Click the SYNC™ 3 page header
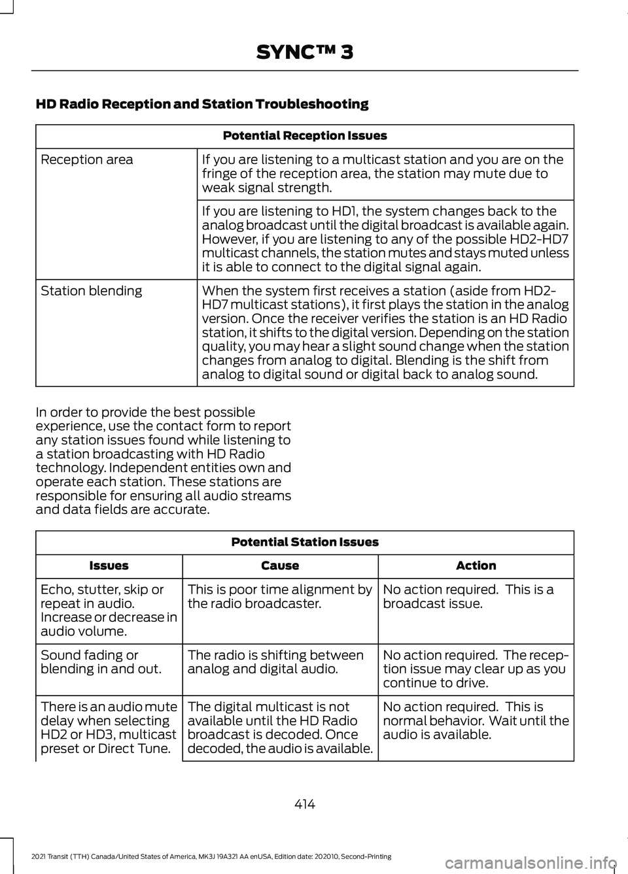tap(305, 52)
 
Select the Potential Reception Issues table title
tap(305, 136)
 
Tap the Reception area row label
tap(87, 160)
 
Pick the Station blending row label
tap(92, 291)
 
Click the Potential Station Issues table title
tap(305, 542)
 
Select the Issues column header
tap(109, 566)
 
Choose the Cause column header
tap(280, 566)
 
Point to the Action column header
tap(476, 566)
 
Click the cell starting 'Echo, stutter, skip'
tap(109, 610)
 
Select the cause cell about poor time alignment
tap(280, 596)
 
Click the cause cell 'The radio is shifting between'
tap(275, 662)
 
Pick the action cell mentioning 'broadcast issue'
tap(468, 596)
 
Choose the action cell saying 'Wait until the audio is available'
tap(476, 720)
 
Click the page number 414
tap(305, 804)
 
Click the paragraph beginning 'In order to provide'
tap(164, 461)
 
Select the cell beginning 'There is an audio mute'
tap(109, 728)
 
